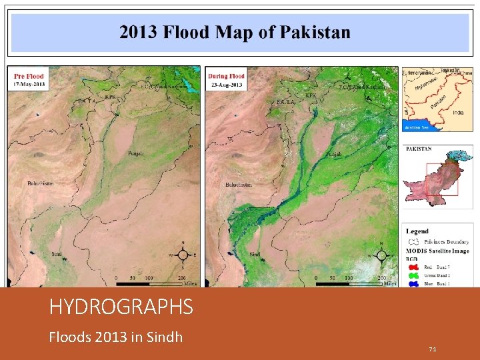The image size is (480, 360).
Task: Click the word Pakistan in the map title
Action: pos(314,32)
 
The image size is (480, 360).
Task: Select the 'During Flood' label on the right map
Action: pos(226,75)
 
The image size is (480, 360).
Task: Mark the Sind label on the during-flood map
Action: pos(255,254)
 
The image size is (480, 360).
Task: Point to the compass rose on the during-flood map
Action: pos(381,254)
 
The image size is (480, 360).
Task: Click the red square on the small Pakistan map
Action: pos(437,179)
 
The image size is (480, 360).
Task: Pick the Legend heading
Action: pos(419,231)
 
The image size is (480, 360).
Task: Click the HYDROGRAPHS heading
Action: pos(121,307)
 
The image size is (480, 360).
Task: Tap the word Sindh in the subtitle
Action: pos(164,337)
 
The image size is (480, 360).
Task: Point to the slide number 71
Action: pos(433,349)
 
